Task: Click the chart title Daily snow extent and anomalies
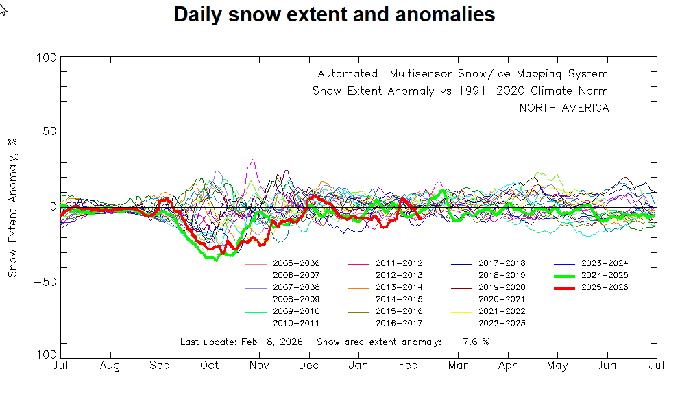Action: click(334, 14)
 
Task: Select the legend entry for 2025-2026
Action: click(604, 287)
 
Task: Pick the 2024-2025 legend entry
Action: click(604, 275)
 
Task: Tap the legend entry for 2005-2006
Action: click(295, 263)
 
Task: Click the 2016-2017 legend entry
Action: click(398, 323)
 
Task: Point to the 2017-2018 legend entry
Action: click(501, 263)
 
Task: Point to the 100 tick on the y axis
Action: click(46, 58)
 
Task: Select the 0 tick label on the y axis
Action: click(52, 207)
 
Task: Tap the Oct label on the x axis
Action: click(210, 366)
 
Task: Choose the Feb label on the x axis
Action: click(409, 366)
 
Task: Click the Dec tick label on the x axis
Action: click(309, 366)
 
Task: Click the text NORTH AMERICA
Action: click(563, 108)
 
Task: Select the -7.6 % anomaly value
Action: click(472, 342)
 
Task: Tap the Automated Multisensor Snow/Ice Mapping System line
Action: click(462, 74)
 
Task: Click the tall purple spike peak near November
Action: click(253, 160)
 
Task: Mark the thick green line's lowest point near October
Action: click(217, 259)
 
